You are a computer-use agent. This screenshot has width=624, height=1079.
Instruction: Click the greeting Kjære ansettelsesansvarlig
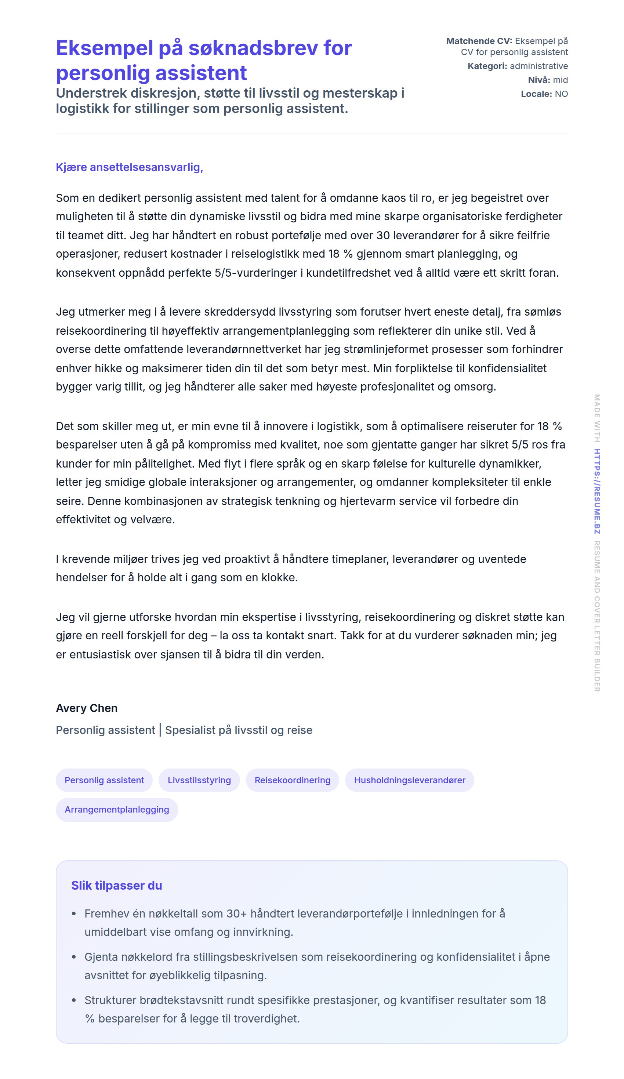coord(129,167)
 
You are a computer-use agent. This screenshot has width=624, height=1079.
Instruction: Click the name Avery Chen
coord(87,708)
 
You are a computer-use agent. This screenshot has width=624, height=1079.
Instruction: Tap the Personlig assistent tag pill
coord(104,780)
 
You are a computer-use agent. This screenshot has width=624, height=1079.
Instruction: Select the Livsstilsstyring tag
coord(199,780)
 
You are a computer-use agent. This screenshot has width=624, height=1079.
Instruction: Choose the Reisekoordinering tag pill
coord(292,780)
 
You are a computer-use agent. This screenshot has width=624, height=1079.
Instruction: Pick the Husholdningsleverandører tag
coord(409,780)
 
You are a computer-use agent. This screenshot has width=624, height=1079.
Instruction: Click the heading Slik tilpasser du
coord(116,886)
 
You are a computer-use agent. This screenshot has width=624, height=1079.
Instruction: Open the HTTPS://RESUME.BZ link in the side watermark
coord(596,491)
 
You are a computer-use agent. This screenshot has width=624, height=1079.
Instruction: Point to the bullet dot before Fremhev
coord(74,914)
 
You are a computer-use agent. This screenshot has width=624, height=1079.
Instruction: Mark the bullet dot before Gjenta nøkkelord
coord(74,957)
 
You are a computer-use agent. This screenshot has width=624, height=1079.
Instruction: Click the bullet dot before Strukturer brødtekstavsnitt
coord(74,1000)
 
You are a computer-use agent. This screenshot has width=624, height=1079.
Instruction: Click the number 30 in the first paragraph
coord(383,236)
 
